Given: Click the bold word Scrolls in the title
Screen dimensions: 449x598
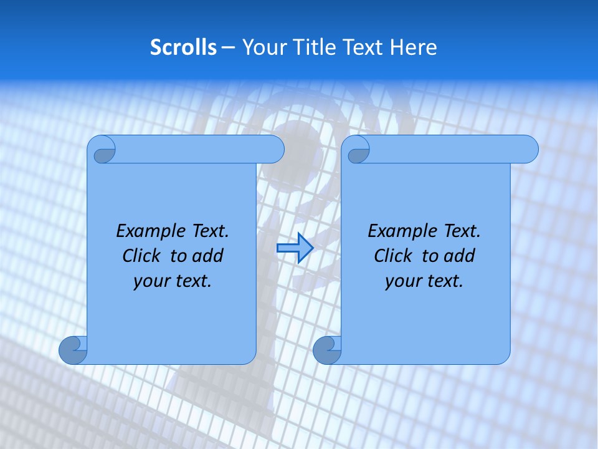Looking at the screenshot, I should point(183,47).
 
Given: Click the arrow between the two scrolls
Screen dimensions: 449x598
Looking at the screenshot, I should point(294,248).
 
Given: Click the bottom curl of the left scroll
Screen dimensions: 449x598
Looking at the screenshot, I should point(73,350).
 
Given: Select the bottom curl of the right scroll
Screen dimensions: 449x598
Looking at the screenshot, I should point(327,350).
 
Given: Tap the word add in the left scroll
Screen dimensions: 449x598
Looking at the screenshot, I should point(208,256).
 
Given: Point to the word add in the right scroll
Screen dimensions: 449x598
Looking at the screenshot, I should point(460,256).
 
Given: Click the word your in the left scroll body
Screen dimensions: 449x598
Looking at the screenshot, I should point(151,281).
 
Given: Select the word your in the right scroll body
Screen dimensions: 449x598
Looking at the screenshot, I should point(403,281).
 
